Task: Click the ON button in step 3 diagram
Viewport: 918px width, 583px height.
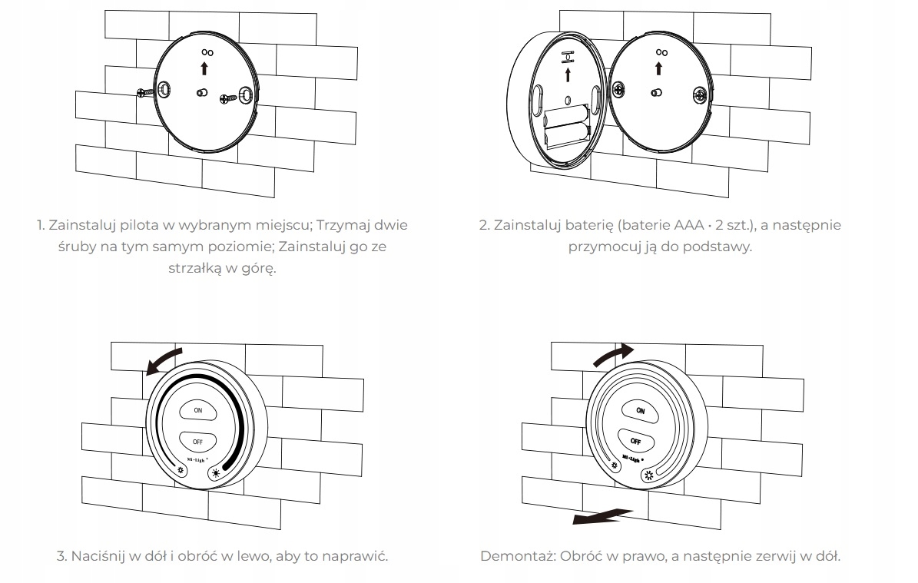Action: tap(198, 410)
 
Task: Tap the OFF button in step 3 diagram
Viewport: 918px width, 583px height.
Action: tap(198, 442)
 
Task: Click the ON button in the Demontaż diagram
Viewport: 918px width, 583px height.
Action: tap(640, 411)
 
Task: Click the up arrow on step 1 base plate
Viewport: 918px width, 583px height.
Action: tap(204, 68)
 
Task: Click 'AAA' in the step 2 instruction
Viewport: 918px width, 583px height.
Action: tap(688, 225)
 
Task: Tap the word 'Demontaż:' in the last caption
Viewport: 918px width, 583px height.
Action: tap(512, 555)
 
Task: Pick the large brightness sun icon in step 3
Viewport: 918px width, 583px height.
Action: tap(217, 473)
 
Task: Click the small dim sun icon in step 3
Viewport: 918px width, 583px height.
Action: tap(181, 471)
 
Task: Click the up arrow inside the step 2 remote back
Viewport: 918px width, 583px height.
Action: tap(568, 74)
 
